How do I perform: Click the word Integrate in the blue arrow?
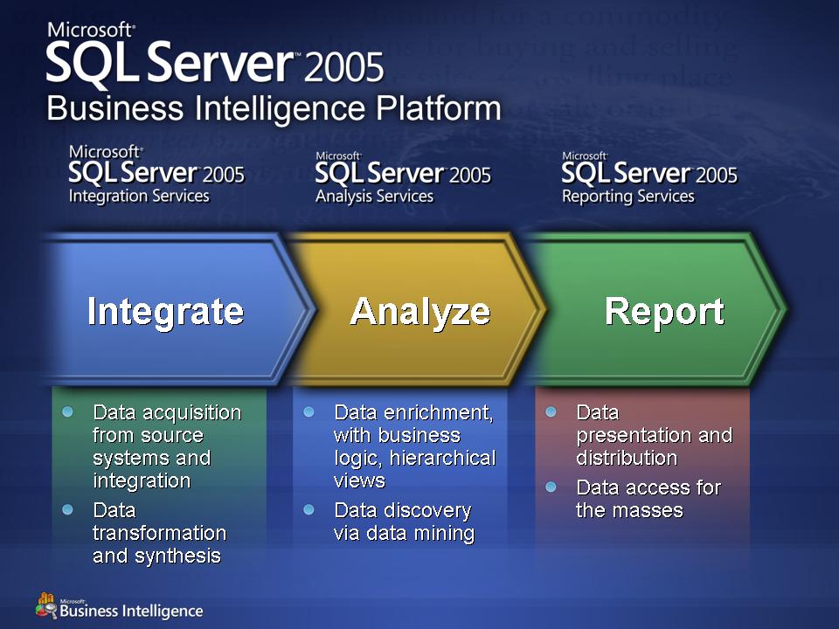tap(165, 312)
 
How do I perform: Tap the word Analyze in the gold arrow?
tap(420, 312)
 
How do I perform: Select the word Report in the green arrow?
tap(664, 311)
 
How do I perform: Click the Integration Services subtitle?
tap(139, 196)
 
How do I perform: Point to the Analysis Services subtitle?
tap(375, 197)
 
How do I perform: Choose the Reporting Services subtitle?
tap(628, 197)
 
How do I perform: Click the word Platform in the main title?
tap(438, 108)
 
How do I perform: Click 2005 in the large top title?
tap(344, 67)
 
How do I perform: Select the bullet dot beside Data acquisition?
tap(67, 411)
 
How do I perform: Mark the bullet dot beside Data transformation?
tap(67, 509)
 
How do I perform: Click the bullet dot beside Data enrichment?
tap(309, 411)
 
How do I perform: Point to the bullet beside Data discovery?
tap(309, 509)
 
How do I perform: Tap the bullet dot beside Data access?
tap(551, 487)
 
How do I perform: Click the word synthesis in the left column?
tap(177, 556)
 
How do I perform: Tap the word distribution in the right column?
tap(628, 459)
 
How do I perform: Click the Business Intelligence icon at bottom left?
tap(46, 605)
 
